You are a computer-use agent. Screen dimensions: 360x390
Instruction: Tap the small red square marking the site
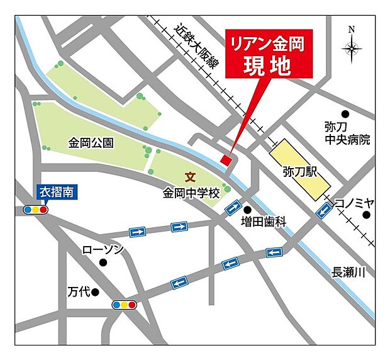[226, 160]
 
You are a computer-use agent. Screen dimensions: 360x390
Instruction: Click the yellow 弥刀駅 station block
[299, 170]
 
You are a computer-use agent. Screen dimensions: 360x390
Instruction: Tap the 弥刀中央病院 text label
[347, 133]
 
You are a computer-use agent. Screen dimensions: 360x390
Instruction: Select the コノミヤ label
[354, 202]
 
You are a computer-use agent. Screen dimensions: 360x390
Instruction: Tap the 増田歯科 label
[263, 222]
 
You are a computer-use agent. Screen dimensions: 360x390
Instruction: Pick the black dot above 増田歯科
[248, 210]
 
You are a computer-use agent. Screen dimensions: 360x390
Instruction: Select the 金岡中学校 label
[191, 194]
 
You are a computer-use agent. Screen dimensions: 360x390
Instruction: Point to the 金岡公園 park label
[91, 143]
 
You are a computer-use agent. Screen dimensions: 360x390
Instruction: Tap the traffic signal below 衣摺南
[36, 210]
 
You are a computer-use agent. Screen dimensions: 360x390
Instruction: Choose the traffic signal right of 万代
[124, 305]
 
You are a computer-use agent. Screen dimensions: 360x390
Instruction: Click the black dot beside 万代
[95, 292]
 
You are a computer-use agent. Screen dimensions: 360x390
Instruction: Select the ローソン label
[103, 250]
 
